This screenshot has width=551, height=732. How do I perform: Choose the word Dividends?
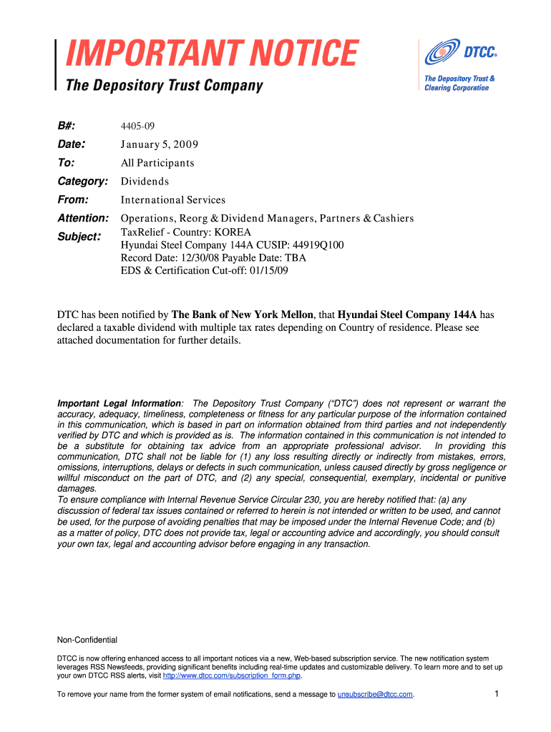click(x=145, y=182)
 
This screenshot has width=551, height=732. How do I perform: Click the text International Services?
click(x=173, y=200)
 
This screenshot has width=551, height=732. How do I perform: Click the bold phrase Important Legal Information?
click(x=119, y=404)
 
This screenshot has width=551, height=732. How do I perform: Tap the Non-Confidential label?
click(x=87, y=640)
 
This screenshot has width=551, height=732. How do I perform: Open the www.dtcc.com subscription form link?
click(x=232, y=676)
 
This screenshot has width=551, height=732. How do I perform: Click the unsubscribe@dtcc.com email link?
click(x=375, y=694)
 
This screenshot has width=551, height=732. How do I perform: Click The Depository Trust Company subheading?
click(x=165, y=86)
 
